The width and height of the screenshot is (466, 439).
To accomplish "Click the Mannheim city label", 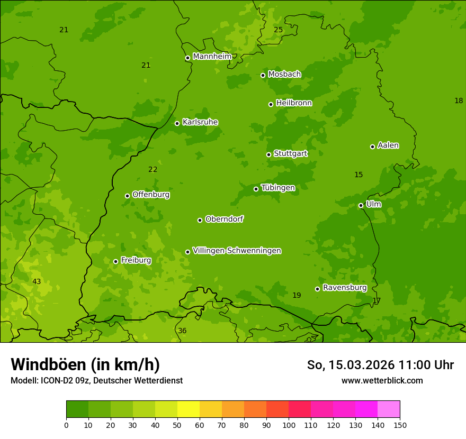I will point(212,57).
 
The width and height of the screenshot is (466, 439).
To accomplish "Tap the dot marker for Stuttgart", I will point(268,154).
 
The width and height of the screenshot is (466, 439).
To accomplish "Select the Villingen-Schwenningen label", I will point(237,251).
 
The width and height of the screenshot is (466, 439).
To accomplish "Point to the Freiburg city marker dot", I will point(115,261).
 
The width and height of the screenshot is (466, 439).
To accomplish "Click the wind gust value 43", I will point(37,282).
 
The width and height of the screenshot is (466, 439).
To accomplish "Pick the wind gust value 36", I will point(182,331).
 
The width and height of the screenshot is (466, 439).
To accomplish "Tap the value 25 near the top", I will point(278,30).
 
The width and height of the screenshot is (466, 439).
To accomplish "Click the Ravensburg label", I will point(344,288).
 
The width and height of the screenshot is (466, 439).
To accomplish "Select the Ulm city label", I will point(373,204).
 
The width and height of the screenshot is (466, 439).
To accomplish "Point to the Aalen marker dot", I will point(372,147).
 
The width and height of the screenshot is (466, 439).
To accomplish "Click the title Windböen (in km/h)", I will point(85,364).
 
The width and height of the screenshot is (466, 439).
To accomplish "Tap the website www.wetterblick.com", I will point(382,381).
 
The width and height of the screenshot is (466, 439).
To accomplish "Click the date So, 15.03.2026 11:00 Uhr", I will point(380,365).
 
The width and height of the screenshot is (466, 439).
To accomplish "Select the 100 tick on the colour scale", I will point(289,425).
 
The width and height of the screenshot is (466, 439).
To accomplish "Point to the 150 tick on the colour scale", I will point(400,425).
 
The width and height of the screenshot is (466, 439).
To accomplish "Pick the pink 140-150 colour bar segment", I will point(389,409).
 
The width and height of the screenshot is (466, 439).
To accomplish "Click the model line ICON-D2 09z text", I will point(96,381).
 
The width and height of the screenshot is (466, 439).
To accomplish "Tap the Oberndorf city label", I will point(224,219).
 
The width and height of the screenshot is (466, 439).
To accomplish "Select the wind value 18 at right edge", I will point(459,101).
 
